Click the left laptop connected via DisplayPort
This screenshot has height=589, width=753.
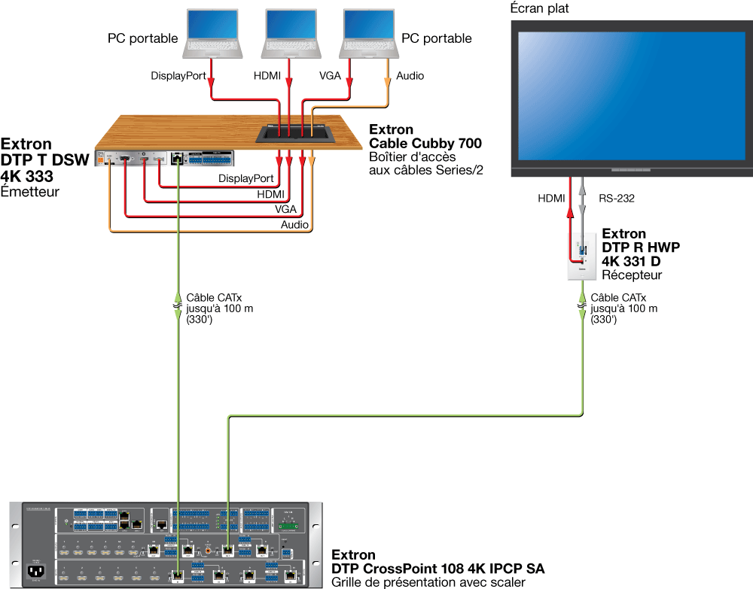(214, 34)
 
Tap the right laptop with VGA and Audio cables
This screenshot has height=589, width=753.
(369, 34)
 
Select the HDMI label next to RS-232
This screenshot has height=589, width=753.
(551, 199)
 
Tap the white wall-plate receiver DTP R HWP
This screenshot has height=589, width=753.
(581, 257)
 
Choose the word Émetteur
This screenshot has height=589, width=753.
(29, 193)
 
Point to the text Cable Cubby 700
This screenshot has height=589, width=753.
(425, 144)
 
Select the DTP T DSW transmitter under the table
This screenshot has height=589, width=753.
(166, 158)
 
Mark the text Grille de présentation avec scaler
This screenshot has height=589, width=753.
(428, 582)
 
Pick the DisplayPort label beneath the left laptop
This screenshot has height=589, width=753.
(178, 76)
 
